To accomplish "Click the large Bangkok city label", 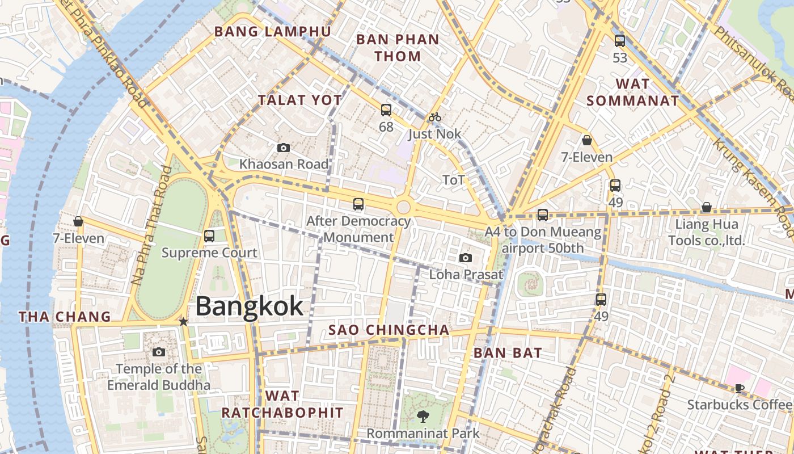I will pos(250,306).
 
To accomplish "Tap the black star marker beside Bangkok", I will pos(183,322).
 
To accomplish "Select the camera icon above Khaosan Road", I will pos(284,148).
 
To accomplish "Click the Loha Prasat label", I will pos(466,275).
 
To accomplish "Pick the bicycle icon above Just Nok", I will pos(435,117).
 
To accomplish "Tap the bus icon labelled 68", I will pos(386,110).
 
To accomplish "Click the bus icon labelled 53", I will pos(620,41).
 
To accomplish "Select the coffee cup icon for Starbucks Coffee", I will pos(739,388).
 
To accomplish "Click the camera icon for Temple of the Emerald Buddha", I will pos(159,352).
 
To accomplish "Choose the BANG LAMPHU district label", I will pos(272,32).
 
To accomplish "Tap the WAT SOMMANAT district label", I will pos(632,93).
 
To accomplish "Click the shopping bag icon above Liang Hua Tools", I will pos(706,208).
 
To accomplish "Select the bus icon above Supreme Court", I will pos(209,236).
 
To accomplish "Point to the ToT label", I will pos(454,180).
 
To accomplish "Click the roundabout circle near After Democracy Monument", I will pos(403,207).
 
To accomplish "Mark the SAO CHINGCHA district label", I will pos(389,330).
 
